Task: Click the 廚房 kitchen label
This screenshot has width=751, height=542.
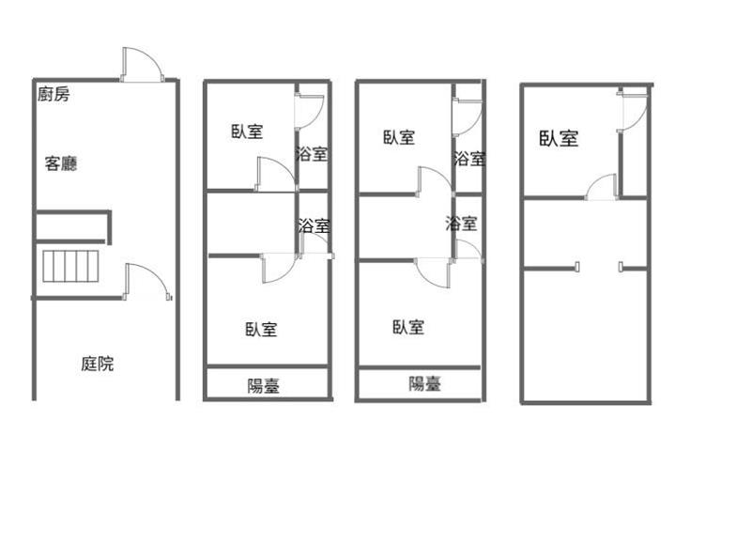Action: (x=54, y=94)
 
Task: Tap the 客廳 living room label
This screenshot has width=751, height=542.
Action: (x=61, y=163)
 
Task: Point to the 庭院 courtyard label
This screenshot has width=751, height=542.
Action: (x=98, y=364)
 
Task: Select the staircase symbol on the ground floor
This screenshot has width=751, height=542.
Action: (x=71, y=266)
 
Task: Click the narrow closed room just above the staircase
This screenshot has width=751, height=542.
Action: (x=70, y=226)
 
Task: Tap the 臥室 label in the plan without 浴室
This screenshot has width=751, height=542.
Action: (x=559, y=138)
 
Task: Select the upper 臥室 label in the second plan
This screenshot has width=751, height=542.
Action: (x=247, y=132)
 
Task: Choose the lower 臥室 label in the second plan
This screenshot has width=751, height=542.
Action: (x=261, y=329)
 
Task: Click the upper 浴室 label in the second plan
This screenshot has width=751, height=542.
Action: (x=312, y=154)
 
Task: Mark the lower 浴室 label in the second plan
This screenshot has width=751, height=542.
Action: (x=314, y=225)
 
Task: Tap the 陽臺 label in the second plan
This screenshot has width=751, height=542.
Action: (x=264, y=386)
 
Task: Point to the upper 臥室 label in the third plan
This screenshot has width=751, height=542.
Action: (x=399, y=137)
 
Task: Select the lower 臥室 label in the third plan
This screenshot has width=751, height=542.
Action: (x=408, y=327)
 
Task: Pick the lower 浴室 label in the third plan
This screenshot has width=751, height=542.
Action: (x=461, y=223)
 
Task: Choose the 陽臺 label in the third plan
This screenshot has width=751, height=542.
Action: (x=425, y=383)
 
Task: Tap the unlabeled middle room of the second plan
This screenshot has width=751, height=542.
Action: (x=251, y=224)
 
